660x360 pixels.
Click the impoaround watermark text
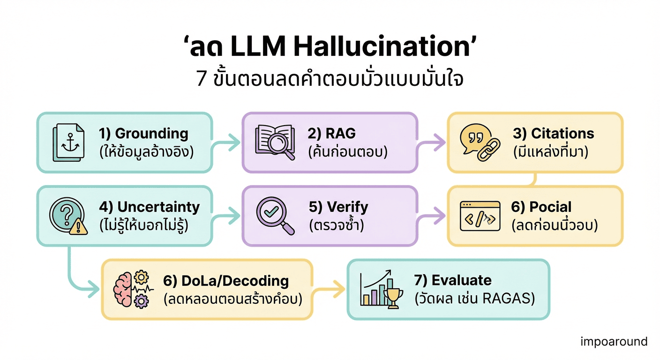(x=614, y=341)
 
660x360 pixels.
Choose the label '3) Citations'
(x=553, y=134)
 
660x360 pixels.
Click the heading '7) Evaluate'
(x=453, y=280)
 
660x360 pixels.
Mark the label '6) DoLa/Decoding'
(x=226, y=281)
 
